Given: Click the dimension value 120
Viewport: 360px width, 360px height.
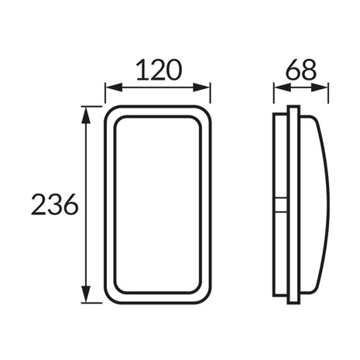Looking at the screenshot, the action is click(x=159, y=70).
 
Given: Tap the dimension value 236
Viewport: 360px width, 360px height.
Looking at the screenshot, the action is click(x=54, y=204).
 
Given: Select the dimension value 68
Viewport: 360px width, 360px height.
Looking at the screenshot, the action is click(x=301, y=70).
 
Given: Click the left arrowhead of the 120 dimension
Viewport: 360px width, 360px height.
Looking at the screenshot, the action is click(x=114, y=87).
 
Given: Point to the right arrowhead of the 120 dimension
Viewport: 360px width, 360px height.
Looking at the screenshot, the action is click(x=201, y=87).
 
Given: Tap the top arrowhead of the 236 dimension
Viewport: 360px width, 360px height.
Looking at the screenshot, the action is click(x=86, y=115).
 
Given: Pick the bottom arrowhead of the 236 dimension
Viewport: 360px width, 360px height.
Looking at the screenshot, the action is click(x=86, y=293).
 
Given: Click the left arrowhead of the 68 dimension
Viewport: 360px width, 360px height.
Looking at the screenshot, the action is click(x=283, y=87).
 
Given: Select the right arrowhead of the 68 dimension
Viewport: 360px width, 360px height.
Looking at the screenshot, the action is click(x=319, y=87).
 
